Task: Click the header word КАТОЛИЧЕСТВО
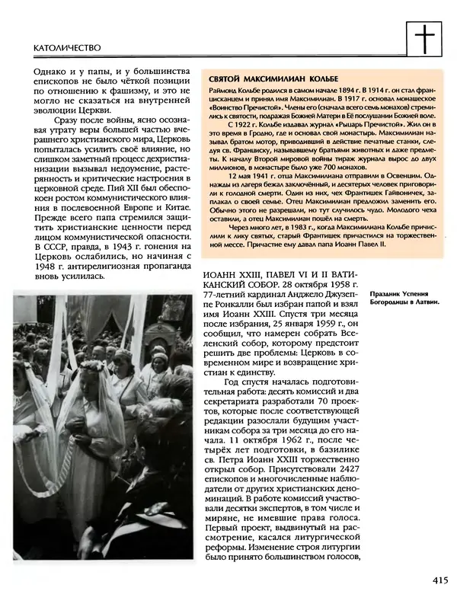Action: (x=68, y=47)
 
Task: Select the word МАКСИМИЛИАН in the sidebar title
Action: (x=280, y=80)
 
